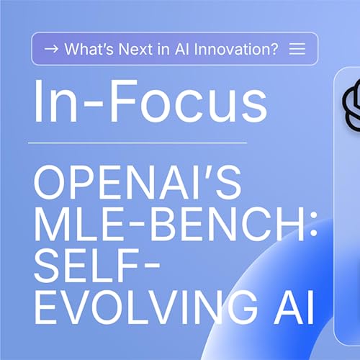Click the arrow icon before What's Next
click(x=51, y=49)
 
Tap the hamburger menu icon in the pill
click(x=297, y=49)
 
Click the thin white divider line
click(x=137, y=143)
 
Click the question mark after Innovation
click(x=275, y=49)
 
